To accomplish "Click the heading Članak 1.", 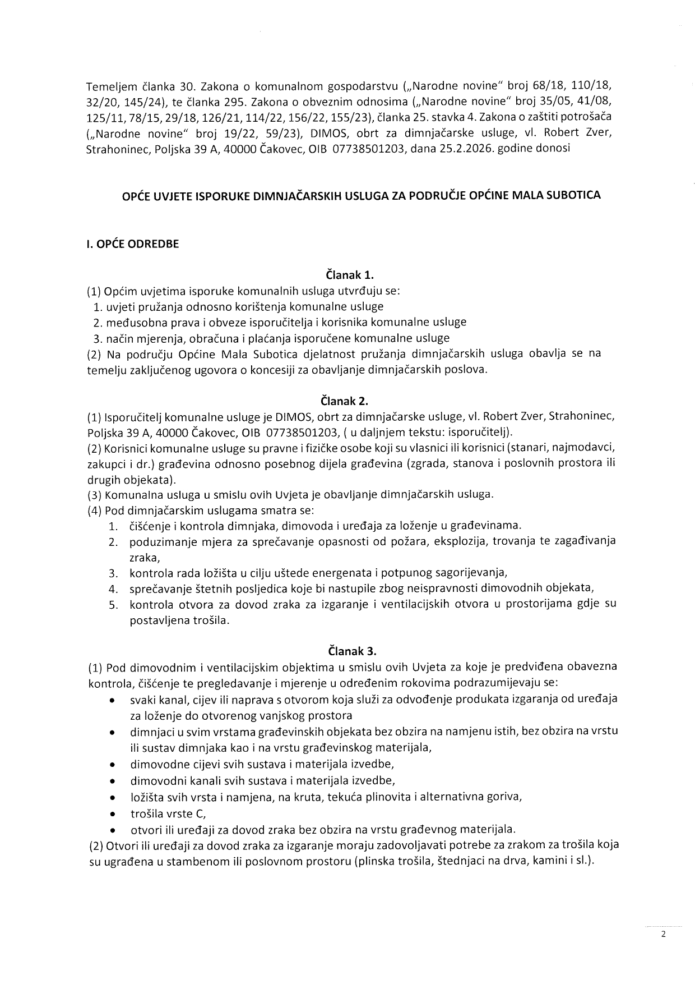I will coord(350,275).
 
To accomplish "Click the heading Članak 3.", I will coord(352,651).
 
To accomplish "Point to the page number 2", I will coord(663,935).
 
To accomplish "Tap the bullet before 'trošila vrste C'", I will coord(113,813).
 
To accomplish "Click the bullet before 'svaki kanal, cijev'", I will coord(113,700).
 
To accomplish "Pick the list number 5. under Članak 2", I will coord(113,605).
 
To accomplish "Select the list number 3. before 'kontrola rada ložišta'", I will coord(113,573).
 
